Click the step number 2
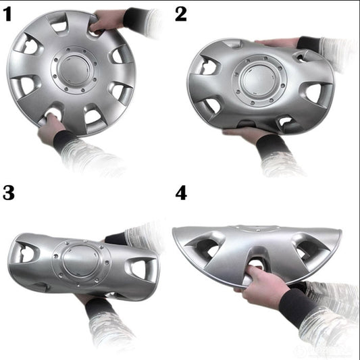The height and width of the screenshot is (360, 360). [181, 14]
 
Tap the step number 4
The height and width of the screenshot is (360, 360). [181, 192]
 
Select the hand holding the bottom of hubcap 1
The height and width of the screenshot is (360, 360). [50, 128]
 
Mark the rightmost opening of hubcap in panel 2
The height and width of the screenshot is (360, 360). [313, 93]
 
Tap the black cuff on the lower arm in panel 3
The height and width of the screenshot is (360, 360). [100, 310]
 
